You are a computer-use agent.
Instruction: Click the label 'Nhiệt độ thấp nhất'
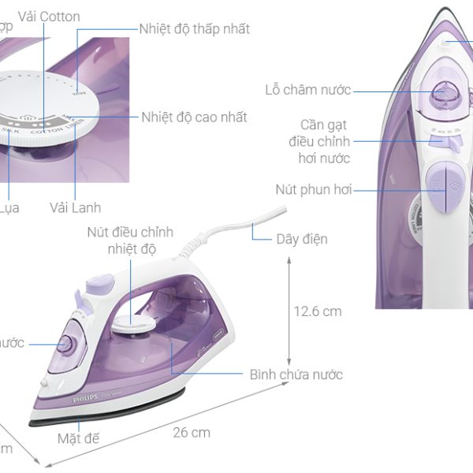coord(195,29)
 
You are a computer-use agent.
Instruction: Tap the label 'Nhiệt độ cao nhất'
coord(194,117)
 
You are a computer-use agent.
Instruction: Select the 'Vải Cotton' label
coord(48,17)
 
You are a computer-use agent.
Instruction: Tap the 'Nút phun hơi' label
coord(313,190)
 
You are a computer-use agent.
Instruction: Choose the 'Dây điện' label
coord(301,239)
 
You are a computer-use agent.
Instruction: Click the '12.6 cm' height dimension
coord(318,311)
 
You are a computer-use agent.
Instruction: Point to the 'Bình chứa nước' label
coord(296,374)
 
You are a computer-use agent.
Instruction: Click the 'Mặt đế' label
coord(78,438)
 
